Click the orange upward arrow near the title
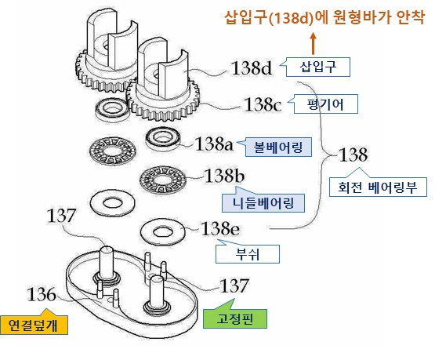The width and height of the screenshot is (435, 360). click(314, 44)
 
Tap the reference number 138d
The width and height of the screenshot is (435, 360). click(252, 68)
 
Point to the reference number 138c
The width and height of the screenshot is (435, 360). click(263, 105)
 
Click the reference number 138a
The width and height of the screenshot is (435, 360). click(215, 144)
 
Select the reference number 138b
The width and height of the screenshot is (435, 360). click(224, 176)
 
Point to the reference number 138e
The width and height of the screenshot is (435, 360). click(220, 229)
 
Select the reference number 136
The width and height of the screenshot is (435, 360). click(42, 294)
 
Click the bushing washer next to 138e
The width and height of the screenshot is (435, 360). click(163, 232)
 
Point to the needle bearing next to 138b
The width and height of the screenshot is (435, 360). click(162, 180)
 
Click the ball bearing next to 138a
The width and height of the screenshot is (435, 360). click(163, 139)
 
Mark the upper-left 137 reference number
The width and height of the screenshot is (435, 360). click(61, 216)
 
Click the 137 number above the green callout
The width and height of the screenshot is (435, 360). click(234, 285)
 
